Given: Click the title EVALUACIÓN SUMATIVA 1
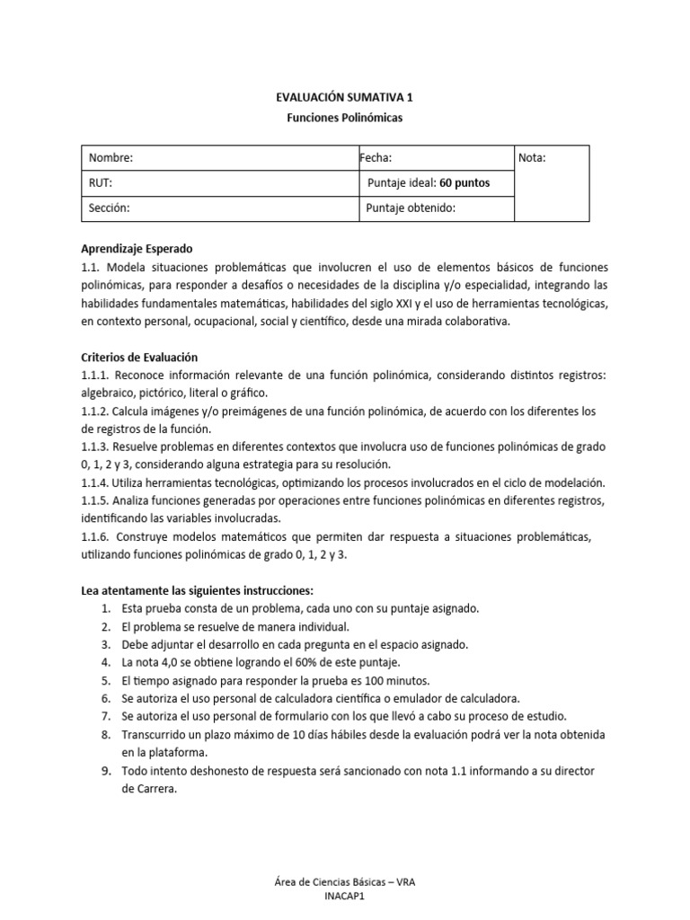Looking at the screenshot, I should point(344,99).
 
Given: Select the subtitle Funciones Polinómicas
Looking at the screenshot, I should point(344,119).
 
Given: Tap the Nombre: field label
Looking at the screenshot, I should point(111,158).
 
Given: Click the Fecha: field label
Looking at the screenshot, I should point(376,158).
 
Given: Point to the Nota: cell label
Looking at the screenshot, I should point(532,158).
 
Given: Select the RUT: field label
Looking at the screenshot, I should point(100,183).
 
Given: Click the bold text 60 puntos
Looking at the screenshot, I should point(464,183).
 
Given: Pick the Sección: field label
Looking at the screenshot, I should point(110,208).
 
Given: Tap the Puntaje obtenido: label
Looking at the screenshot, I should point(411,208).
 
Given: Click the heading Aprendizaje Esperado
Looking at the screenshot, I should point(137,249).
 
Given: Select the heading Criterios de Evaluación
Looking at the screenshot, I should point(139,357).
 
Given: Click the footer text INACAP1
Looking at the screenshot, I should point(344,908).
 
